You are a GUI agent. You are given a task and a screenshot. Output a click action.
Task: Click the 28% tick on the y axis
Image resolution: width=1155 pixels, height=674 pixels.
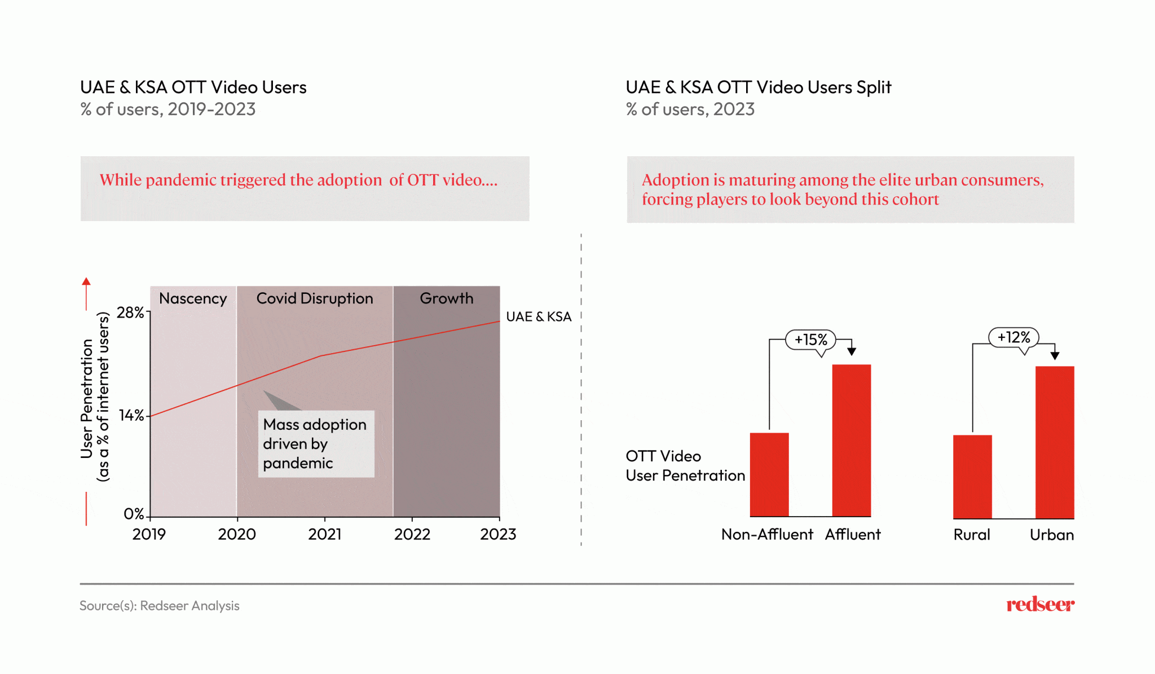click(x=131, y=312)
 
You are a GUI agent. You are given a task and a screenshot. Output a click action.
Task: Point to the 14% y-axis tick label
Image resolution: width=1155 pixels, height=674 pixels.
click(x=132, y=416)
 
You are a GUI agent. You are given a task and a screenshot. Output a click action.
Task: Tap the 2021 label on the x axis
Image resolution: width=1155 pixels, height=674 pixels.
click(x=325, y=534)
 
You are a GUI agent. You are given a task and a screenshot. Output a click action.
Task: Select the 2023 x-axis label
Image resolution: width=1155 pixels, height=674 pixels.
click(x=498, y=534)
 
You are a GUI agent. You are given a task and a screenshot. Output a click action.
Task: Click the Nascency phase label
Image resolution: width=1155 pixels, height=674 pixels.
click(x=193, y=298)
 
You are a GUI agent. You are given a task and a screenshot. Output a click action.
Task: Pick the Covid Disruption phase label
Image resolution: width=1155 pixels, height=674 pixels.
click(x=315, y=298)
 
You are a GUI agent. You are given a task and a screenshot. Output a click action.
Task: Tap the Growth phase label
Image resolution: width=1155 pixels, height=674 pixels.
click(x=447, y=298)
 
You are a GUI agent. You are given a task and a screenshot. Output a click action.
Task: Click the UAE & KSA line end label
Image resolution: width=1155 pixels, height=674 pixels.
click(x=539, y=316)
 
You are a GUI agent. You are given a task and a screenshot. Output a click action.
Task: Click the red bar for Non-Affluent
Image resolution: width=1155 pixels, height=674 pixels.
click(x=769, y=474)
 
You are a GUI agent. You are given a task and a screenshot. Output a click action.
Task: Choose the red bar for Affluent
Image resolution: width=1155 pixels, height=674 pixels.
click(x=852, y=440)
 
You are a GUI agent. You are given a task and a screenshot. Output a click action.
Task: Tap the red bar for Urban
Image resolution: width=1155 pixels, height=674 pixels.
click(x=1055, y=442)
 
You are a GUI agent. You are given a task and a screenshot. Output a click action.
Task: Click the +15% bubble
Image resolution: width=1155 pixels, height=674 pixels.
click(x=811, y=340)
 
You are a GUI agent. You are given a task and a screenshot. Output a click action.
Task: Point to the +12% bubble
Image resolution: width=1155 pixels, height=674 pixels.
click(x=1013, y=337)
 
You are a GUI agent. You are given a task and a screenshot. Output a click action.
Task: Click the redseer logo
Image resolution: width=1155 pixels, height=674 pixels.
click(x=1040, y=604)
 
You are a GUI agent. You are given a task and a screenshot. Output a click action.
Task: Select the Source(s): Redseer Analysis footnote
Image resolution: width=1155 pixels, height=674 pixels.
click(x=160, y=605)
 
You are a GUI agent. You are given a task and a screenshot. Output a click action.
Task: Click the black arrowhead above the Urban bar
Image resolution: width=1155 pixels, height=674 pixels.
click(x=1055, y=355)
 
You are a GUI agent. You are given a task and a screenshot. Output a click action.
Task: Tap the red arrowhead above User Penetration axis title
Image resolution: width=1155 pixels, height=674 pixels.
click(x=86, y=281)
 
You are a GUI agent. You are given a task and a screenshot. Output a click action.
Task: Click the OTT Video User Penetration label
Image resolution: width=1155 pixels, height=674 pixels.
click(x=685, y=466)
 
